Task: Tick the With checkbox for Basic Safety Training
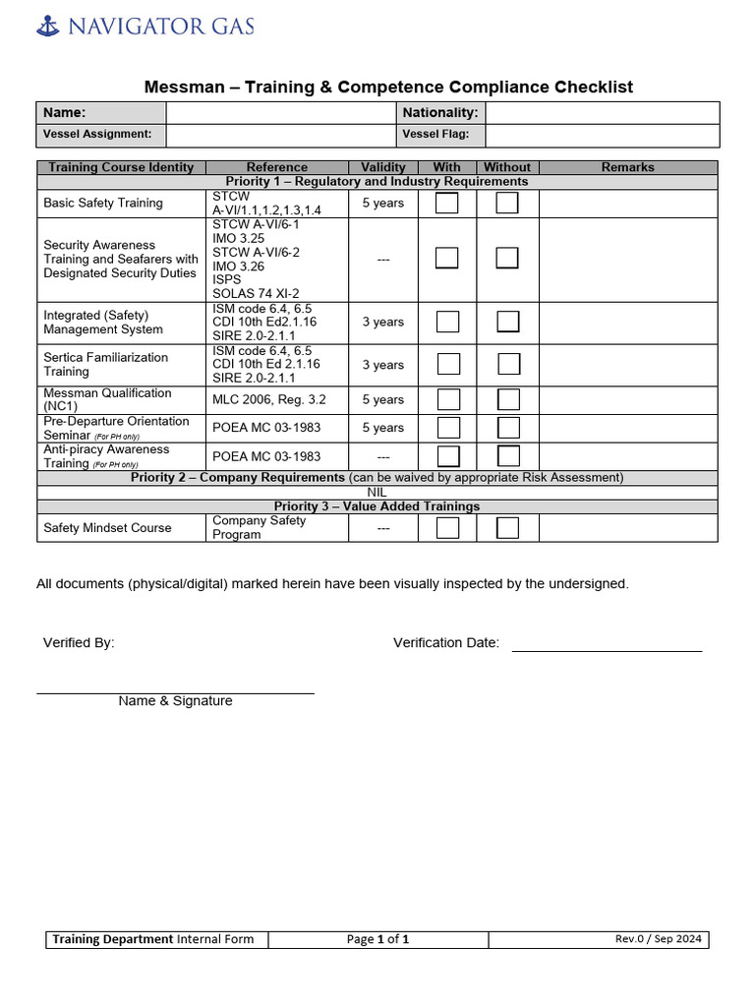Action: click(x=447, y=204)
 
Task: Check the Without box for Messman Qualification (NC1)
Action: click(x=508, y=399)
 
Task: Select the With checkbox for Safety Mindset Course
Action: click(x=447, y=528)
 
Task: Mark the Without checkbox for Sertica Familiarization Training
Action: click(x=508, y=365)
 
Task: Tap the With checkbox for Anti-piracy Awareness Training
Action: click(x=447, y=456)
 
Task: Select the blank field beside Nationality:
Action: click(x=602, y=113)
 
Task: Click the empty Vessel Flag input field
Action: click(x=602, y=135)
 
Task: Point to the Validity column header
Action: click(x=383, y=167)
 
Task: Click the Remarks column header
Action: click(x=627, y=167)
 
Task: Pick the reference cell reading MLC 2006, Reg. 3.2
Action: click(x=269, y=399)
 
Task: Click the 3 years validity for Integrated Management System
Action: click(x=383, y=323)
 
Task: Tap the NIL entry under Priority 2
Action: click(x=377, y=493)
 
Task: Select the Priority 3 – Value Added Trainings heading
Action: click(x=377, y=506)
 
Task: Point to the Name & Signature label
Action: click(x=175, y=701)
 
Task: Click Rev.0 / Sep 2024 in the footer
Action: click(x=659, y=939)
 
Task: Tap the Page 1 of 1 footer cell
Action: click(x=377, y=939)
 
